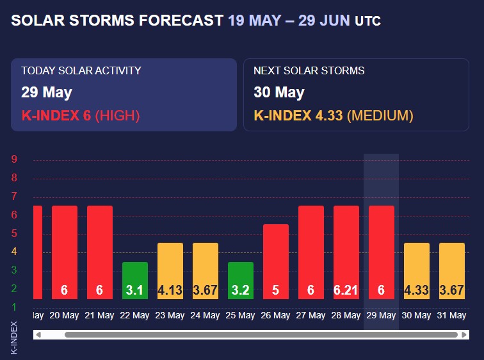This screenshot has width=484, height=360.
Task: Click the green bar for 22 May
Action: pos(135,280)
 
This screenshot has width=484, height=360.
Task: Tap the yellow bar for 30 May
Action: pos(417,270)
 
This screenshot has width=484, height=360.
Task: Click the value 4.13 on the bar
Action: pos(170,290)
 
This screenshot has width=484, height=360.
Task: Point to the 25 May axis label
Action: pos(241,315)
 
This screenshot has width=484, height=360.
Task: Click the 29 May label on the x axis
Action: pos(382,315)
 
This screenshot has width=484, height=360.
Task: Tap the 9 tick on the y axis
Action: pos(14,160)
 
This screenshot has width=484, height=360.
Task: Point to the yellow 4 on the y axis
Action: pos(14,252)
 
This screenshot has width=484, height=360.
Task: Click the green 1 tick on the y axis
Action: pos(14,307)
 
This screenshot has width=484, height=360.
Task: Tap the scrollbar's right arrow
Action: pos(464,334)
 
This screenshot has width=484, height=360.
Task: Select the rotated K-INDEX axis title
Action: pos(14,337)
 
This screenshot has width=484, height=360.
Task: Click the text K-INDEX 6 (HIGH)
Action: pos(81,116)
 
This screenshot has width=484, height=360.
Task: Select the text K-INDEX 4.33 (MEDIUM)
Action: pos(334,116)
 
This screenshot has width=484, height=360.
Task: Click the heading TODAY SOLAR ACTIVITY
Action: pos(81,70)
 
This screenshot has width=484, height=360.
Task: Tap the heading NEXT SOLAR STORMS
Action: pos(309,70)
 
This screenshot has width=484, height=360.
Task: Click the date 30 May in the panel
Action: pos(279,92)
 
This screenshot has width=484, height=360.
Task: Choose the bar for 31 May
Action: pos(452,270)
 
